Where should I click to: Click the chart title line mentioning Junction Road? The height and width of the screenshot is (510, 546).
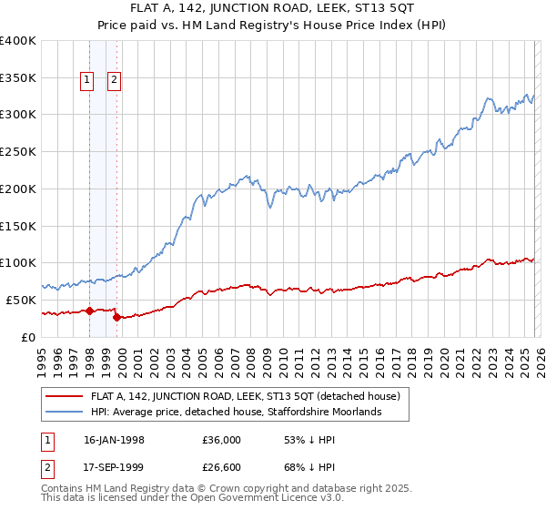[272, 10]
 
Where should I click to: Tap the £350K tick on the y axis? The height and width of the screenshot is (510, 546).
[18, 77]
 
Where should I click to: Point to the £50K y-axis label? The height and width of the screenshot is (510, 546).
[21, 300]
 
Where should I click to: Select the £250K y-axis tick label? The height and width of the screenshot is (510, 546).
[18, 152]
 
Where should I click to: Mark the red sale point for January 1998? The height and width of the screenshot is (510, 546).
[90, 311]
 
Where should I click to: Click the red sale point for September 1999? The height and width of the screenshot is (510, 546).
[116, 317]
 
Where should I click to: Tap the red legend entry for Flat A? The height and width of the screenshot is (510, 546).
[250, 396]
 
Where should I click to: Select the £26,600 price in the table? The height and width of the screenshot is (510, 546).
[225, 466]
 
